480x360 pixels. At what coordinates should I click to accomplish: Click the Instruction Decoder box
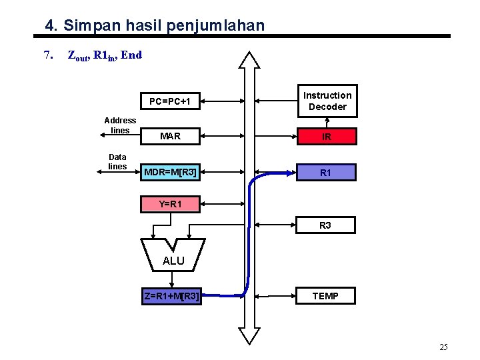[327, 101]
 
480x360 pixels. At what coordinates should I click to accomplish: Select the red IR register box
[326, 137]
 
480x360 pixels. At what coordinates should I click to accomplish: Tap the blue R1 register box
[326, 173]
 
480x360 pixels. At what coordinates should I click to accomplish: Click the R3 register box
[325, 225]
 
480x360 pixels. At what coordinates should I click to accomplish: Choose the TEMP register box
[325, 296]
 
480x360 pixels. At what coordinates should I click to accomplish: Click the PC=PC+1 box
[170, 102]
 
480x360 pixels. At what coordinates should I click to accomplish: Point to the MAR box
[170, 137]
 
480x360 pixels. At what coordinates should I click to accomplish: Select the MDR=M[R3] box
[170, 173]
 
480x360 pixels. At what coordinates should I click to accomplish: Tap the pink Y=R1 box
[170, 204]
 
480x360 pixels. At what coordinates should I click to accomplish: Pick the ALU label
[173, 261]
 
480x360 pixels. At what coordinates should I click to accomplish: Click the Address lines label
[120, 125]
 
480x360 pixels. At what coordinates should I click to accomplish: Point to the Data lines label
[117, 161]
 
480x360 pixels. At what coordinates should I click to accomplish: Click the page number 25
[443, 347]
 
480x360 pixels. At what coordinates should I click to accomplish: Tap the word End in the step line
[131, 55]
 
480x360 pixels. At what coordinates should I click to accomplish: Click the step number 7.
[47, 55]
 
